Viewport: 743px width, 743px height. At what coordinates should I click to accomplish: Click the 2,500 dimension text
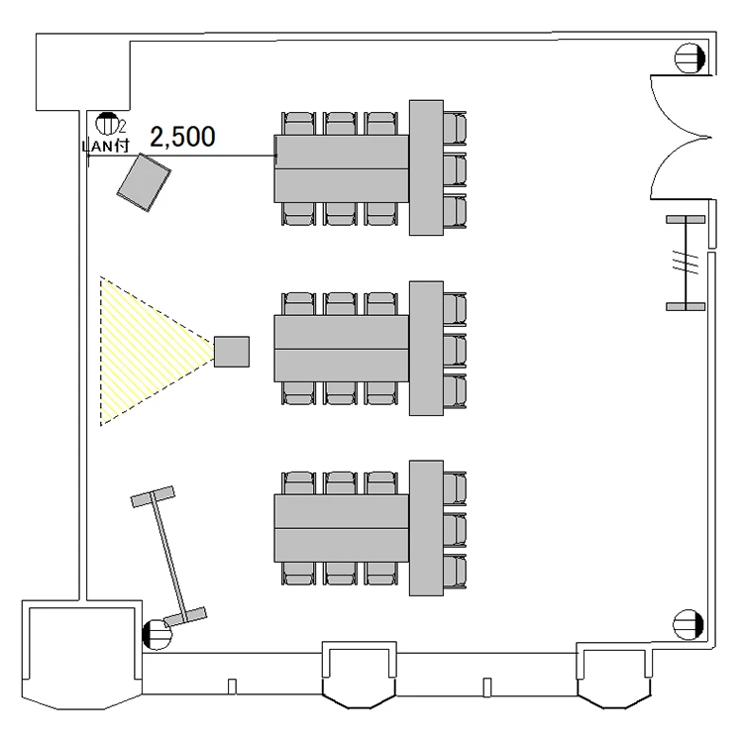[181, 137]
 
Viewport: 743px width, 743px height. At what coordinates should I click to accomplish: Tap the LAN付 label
[105, 145]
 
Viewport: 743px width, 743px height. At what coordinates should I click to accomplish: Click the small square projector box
[231, 351]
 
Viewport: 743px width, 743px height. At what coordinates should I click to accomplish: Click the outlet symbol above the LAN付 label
[106, 124]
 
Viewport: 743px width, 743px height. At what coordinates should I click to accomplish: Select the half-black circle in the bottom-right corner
[688, 624]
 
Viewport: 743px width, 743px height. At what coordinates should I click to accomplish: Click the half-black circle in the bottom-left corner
[156, 632]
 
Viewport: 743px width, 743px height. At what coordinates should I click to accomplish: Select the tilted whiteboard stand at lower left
[168, 555]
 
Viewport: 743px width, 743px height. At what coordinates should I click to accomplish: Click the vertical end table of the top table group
[425, 167]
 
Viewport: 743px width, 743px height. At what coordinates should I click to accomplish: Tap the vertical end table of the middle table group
[425, 349]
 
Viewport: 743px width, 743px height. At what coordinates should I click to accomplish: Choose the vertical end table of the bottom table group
[425, 528]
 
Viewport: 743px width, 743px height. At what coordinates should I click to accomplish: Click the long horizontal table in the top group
[342, 167]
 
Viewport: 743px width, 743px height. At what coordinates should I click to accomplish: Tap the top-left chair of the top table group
[298, 123]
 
